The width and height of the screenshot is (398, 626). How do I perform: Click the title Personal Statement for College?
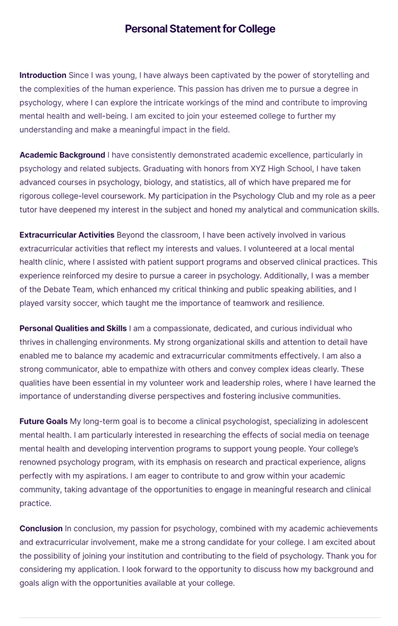click(200, 29)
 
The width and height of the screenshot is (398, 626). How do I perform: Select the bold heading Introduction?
click(43, 75)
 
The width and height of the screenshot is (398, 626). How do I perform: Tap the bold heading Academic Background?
click(62, 155)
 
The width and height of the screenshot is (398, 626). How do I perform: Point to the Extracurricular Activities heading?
click(67, 235)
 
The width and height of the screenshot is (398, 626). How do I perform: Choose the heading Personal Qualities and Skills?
click(73, 328)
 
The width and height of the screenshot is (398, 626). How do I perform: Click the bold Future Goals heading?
click(44, 421)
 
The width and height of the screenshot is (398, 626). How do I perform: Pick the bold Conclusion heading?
click(41, 529)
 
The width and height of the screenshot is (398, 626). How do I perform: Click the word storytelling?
click(332, 75)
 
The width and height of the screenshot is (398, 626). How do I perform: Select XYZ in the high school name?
click(258, 169)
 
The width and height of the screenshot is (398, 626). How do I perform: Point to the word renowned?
click(37, 462)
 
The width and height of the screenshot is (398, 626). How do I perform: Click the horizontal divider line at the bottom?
click(200, 617)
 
